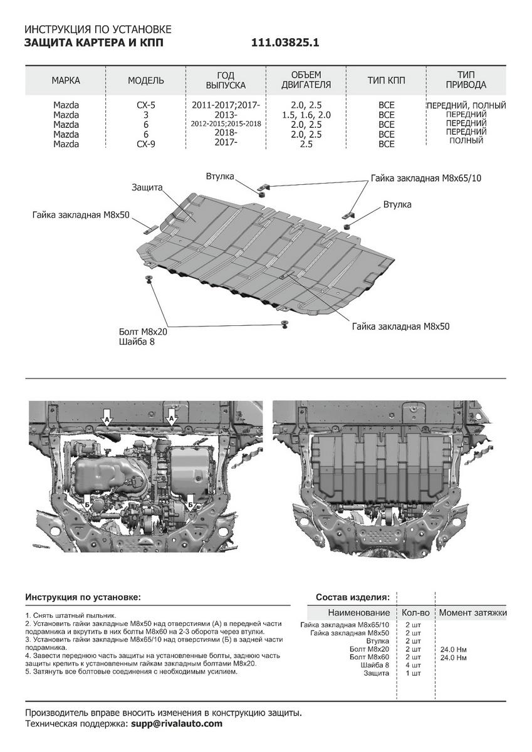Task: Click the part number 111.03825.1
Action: point(285,43)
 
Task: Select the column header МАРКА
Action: point(66,80)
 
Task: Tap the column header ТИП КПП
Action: point(386,80)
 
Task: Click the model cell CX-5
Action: point(146,105)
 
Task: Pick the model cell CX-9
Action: point(146,144)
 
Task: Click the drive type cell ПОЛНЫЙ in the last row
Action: point(466,140)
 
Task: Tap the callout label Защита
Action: point(147,187)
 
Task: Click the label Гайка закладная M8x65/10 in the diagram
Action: point(426,178)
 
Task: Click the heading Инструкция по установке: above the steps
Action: point(83,597)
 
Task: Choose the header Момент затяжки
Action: point(472,612)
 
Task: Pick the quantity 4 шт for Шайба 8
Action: point(412,665)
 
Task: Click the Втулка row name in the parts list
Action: point(378,641)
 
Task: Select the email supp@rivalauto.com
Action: point(176,724)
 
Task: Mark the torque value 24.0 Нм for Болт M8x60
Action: point(454,657)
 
